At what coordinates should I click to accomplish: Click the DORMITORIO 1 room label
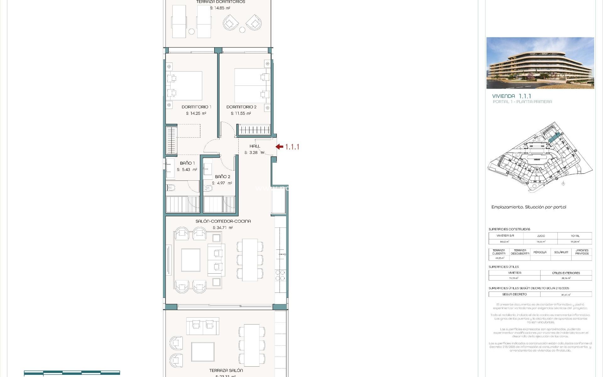click(x=196, y=107)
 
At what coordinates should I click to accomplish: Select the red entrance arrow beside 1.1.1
click(x=280, y=147)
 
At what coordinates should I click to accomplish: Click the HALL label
click(x=255, y=146)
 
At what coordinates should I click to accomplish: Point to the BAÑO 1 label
click(x=187, y=163)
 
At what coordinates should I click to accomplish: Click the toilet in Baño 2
click(x=208, y=188)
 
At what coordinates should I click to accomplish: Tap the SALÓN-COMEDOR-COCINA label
click(x=223, y=221)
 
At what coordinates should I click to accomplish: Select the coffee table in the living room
click(x=191, y=260)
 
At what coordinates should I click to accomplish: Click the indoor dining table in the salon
click(x=250, y=260)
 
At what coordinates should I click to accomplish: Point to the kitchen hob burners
click(x=280, y=276)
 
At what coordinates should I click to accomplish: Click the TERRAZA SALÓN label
click(x=226, y=370)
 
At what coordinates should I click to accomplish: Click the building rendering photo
click(x=540, y=63)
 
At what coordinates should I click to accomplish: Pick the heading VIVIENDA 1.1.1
click(x=512, y=96)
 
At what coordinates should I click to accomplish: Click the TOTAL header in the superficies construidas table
click(x=575, y=236)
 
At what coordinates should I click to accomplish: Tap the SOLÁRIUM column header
click(x=561, y=252)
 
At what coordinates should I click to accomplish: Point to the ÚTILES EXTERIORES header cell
click(x=566, y=273)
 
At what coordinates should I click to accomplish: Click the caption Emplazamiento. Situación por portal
click(x=529, y=207)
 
